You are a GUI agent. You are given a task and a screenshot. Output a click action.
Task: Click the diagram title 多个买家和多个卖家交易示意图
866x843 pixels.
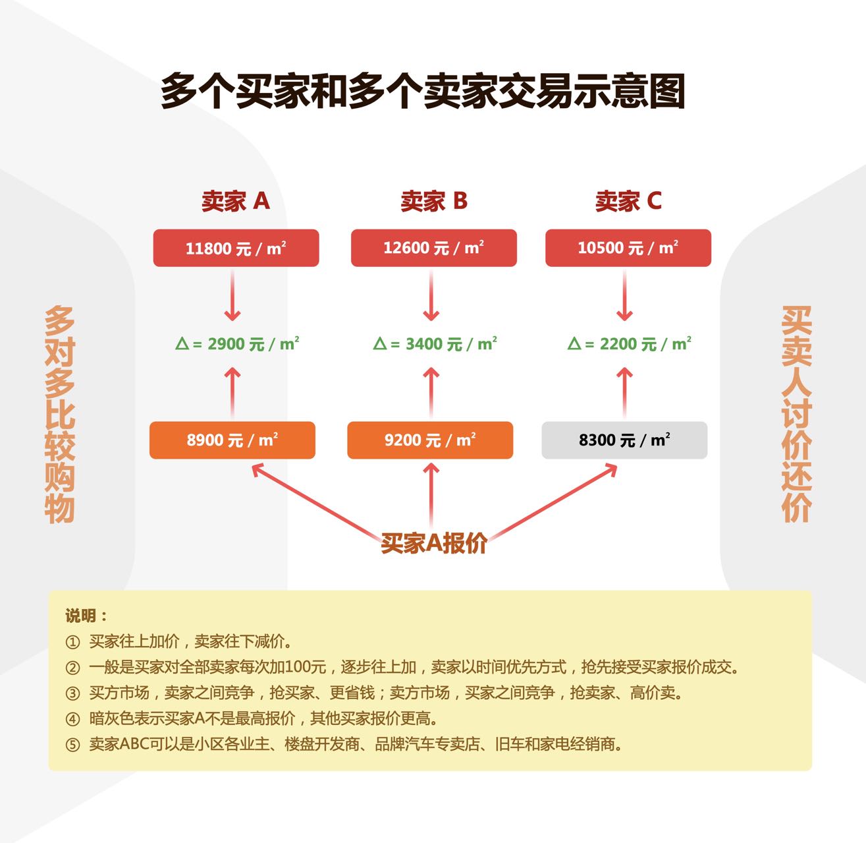(x=423, y=91)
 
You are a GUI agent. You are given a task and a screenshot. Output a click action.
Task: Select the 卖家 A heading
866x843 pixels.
(x=236, y=201)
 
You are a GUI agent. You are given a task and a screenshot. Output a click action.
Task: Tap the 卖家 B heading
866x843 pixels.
(x=434, y=201)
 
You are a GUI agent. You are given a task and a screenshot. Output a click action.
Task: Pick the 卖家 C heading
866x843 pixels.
(x=628, y=201)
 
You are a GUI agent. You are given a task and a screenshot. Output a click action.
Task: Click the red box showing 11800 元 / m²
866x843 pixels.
(x=236, y=248)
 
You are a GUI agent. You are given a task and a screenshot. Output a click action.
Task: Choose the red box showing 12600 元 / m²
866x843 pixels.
(x=433, y=248)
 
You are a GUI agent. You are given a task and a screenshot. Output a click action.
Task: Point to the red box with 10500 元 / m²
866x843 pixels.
(x=628, y=248)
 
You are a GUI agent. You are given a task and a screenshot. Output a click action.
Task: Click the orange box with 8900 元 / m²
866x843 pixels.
(x=232, y=440)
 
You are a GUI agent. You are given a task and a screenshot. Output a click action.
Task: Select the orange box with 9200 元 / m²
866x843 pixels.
(x=429, y=440)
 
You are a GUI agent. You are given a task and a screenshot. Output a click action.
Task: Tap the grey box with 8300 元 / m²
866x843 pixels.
(x=624, y=440)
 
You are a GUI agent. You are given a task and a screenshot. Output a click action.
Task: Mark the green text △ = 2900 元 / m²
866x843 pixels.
(x=237, y=344)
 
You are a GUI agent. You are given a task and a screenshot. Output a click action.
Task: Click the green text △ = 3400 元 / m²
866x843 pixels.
(x=435, y=344)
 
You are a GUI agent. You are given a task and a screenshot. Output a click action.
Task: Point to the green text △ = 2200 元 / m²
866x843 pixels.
(x=629, y=344)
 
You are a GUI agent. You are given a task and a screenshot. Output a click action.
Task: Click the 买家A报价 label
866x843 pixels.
(x=434, y=544)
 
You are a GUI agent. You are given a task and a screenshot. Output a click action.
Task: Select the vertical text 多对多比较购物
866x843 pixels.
(x=60, y=414)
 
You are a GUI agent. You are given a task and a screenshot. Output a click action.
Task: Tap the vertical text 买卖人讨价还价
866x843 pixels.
(x=796, y=414)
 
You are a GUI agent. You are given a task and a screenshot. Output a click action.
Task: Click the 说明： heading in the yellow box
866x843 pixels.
(x=86, y=616)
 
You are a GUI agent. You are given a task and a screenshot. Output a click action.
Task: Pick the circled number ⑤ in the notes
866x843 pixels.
(x=72, y=745)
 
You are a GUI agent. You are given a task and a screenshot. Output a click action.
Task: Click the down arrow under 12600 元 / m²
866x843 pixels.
(x=431, y=297)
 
